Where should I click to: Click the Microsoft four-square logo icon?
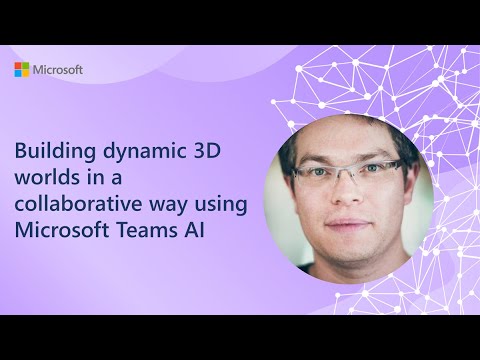[21, 70]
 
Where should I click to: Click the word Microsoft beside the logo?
[58, 70]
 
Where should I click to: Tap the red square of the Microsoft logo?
[18, 66]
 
